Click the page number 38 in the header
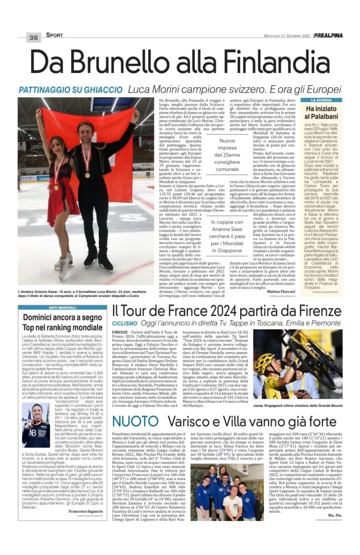tap(33, 38)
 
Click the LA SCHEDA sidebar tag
tap(322, 100)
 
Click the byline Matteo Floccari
tap(281, 291)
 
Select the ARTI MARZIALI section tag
tap(63, 307)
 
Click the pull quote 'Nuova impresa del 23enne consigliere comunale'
tap(227, 154)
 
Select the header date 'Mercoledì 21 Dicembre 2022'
tap(286, 36)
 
